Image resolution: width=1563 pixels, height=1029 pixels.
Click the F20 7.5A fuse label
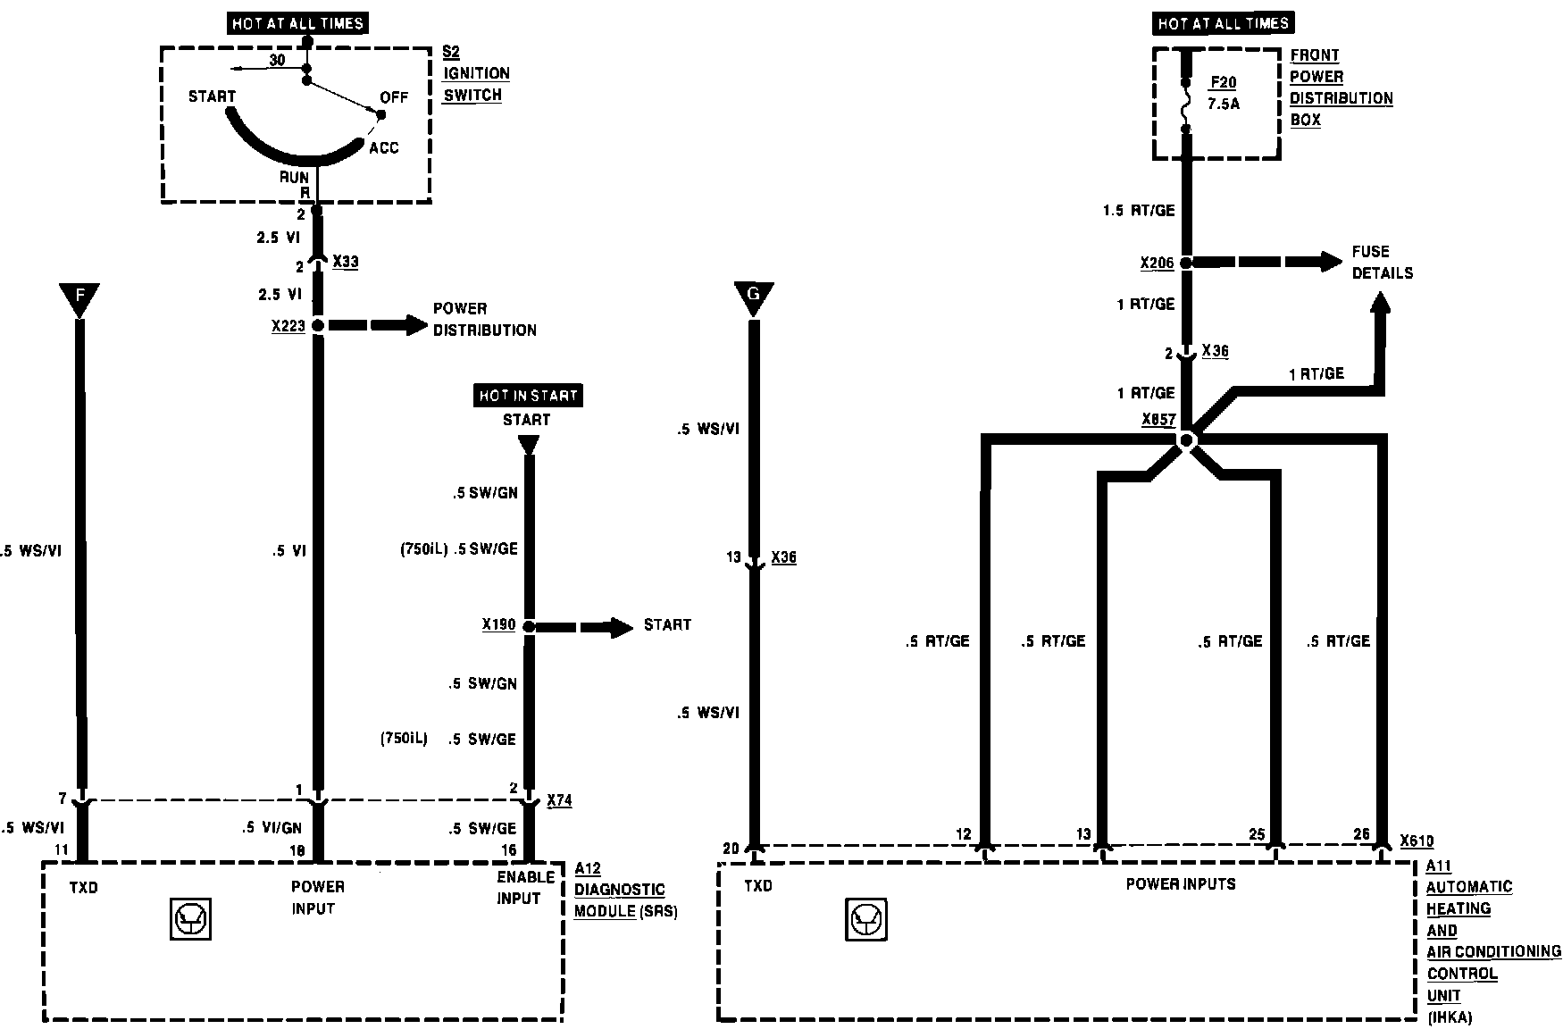coord(1223,93)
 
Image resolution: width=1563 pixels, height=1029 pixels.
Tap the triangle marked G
coord(753,298)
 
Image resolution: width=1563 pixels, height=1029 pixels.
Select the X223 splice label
coord(288,327)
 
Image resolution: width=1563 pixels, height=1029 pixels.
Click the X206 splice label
coord(1157,264)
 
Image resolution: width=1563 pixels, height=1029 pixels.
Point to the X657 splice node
coord(1186,440)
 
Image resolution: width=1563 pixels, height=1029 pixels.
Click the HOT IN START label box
coord(528,396)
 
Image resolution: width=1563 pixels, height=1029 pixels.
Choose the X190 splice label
coord(499,625)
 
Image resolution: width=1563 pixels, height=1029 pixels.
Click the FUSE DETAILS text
coord(1382,262)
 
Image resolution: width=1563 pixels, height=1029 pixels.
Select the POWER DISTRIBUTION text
coord(484,319)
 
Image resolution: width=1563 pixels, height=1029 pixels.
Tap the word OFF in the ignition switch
coord(394,96)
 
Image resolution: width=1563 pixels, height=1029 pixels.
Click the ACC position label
coord(384,147)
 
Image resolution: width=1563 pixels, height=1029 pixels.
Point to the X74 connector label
coord(559,800)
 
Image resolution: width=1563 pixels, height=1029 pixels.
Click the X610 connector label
coord(1417,841)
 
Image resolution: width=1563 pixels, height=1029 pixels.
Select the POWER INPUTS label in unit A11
coord(1181,884)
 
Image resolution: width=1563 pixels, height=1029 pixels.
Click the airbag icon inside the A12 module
coord(189,919)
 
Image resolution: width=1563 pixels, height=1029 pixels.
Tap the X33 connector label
coord(345,262)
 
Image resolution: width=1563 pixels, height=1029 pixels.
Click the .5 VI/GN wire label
coord(272,828)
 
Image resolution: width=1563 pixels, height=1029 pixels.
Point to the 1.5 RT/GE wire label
coord(1139,211)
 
